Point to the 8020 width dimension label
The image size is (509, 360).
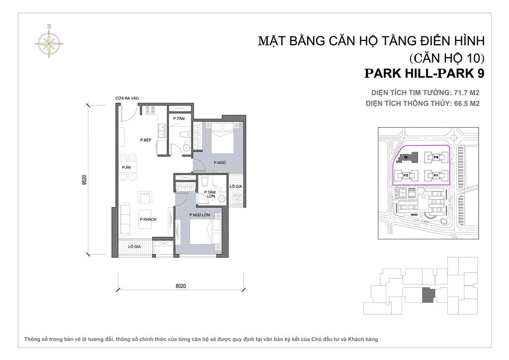point(181,286)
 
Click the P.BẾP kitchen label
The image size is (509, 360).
point(145,140)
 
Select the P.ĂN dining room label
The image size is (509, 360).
point(126,168)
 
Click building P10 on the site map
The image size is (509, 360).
point(435,157)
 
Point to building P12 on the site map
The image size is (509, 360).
point(406,176)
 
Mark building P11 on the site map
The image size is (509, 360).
point(435,176)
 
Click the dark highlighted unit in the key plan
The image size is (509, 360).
point(427,295)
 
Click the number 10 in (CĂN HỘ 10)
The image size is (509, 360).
point(470,57)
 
